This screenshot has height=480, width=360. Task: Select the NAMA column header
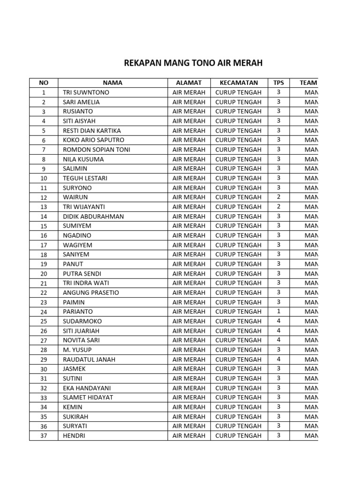click(112, 83)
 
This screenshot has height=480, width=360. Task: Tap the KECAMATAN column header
click(238, 83)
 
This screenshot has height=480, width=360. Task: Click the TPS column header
click(278, 83)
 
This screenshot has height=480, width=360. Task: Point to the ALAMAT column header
click(188, 83)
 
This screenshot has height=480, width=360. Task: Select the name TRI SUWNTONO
click(85, 92)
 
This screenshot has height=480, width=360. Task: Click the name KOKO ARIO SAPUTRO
click(93, 140)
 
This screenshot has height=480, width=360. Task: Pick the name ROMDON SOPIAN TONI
click(97, 150)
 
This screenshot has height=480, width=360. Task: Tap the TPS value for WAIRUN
click(278, 197)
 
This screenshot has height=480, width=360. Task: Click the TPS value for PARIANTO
click(278, 312)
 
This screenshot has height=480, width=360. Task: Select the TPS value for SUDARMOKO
click(278, 321)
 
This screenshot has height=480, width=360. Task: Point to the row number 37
click(44, 436)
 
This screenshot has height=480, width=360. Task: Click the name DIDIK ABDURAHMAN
click(93, 217)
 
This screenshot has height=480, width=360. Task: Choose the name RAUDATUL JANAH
click(89, 360)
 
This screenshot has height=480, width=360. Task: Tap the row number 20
click(44, 274)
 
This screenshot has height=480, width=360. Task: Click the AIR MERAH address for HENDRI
click(189, 435)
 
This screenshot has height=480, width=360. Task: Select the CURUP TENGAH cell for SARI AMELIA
click(238, 102)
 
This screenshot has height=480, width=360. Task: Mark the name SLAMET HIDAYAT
click(88, 397)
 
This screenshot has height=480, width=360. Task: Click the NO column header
click(44, 83)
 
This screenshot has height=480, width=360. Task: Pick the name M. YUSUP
click(77, 350)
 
